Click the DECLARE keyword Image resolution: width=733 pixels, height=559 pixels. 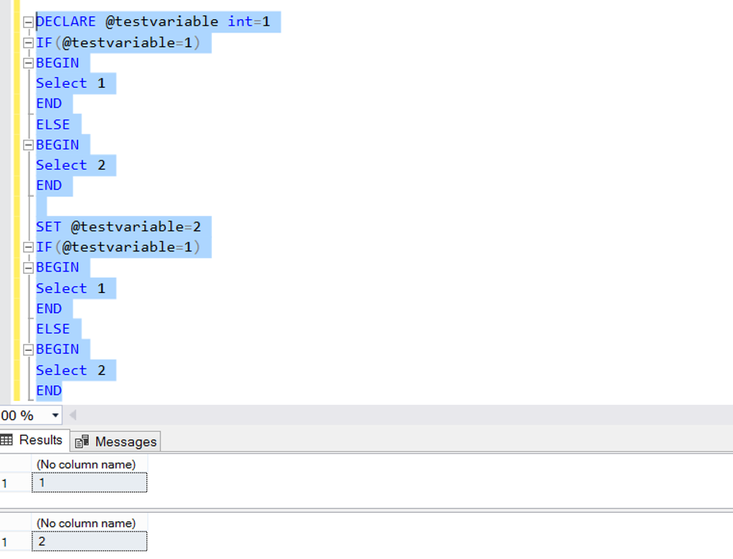66,22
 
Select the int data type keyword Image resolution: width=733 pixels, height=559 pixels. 240,22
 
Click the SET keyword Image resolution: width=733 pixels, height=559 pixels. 49,227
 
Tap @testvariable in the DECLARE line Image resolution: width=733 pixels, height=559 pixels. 162,22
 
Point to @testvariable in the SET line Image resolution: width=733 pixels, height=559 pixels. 127,227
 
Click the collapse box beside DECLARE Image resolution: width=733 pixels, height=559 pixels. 28,22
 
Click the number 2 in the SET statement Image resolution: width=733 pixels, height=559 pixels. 197,227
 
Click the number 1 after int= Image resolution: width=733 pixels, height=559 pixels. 266,22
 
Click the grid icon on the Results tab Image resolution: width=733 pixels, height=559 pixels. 6,439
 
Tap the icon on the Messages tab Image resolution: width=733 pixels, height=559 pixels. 82,441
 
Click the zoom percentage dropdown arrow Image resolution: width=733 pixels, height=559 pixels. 55,415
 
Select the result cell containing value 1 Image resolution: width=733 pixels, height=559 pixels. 89,483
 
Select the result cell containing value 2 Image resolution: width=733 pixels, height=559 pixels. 89,541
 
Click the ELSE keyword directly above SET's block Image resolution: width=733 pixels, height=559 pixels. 53,124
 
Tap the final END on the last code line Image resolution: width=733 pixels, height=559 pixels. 49,391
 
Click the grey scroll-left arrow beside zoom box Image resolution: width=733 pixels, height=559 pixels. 73,415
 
